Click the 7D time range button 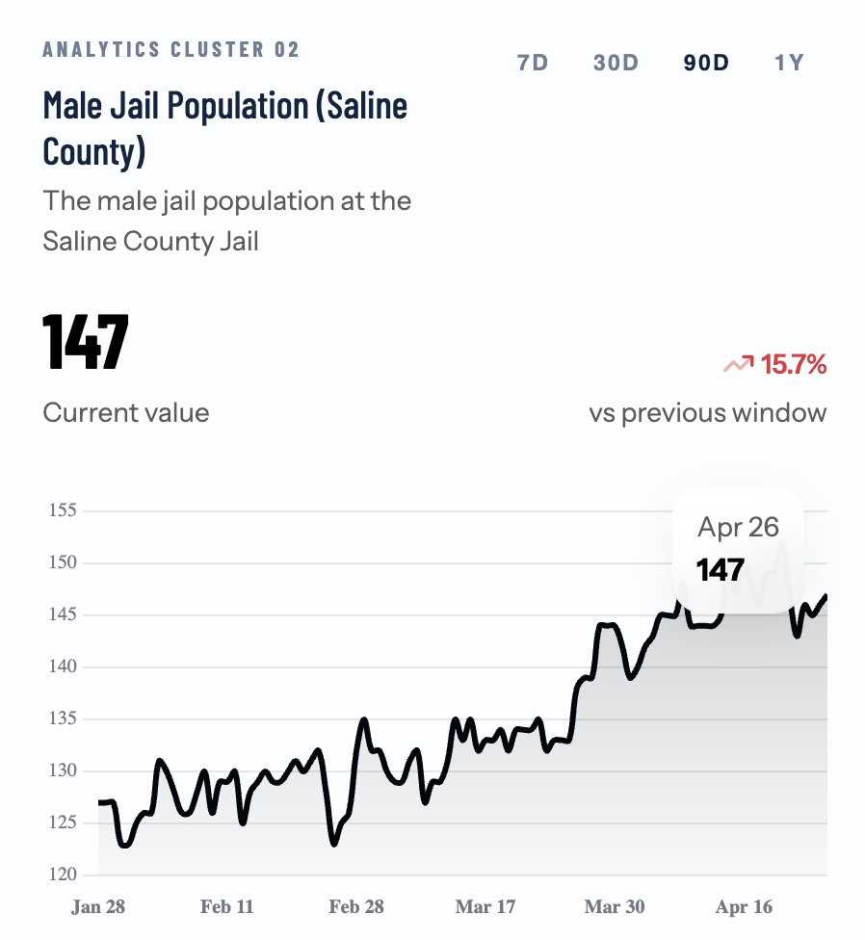tap(533, 64)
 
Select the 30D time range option tap(616, 64)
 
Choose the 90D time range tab tap(706, 64)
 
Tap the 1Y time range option tap(789, 64)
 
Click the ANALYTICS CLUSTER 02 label tap(171, 50)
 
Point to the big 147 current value tap(86, 342)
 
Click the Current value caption tap(126, 413)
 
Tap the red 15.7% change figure tap(794, 365)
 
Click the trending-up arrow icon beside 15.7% tap(739, 364)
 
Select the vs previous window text tap(708, 413)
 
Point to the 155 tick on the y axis tap(64, 510)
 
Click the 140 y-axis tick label tap(64, 666)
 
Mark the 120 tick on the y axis tap(64, 875)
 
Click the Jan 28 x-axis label tap(98, 906)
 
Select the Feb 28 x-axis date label tap(356, 906)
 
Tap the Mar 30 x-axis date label tap(615, 906)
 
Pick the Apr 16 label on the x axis tap(744, 906)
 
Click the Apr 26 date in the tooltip tap(738, 527)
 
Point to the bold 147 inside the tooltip tap(721, 569)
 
